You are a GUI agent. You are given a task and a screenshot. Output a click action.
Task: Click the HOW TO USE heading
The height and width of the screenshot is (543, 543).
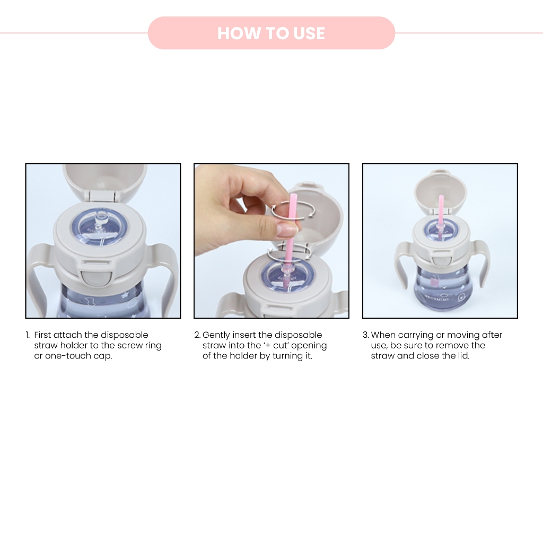[x=271, y=33]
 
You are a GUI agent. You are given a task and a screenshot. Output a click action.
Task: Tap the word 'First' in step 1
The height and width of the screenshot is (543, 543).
[x=42, y=335]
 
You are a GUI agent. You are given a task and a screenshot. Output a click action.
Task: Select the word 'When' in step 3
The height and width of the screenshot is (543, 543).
[x=383, y=335]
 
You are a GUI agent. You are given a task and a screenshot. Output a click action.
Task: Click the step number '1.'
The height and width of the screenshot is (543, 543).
[x=28, y=335]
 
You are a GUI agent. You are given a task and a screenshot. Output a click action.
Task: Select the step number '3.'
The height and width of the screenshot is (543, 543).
[x=366, y=335]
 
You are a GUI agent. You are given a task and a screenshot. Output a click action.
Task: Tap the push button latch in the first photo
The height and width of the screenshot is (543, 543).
[x=97, y=277]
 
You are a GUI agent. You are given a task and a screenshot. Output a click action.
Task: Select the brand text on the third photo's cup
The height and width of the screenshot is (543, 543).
[x=436, y=296]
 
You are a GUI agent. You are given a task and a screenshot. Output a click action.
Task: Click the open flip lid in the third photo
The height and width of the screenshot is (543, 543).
[x=441, y=194]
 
